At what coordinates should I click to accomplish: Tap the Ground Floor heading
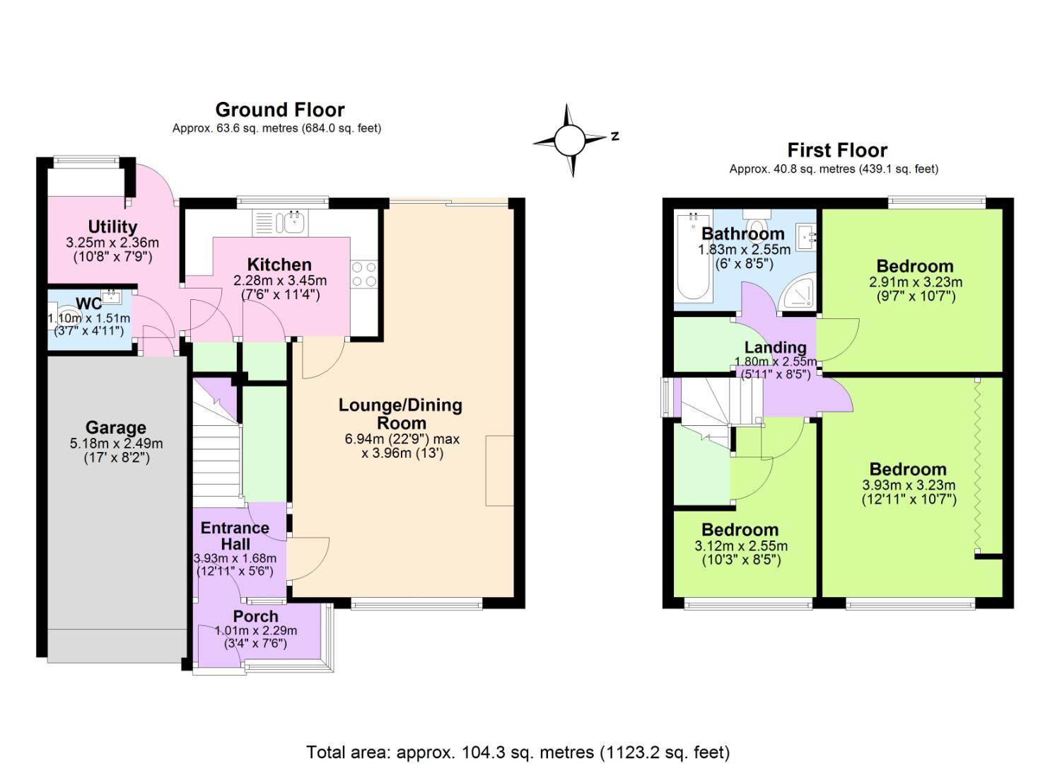(x=279, y=110)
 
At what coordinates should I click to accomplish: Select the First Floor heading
(x=836, y=150)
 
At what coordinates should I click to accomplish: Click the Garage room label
(x=115, y=427)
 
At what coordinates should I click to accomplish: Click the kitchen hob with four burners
(x=363, y=274)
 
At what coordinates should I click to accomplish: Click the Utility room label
(x=112, y=226)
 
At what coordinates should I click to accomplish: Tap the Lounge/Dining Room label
(x=400, y=414)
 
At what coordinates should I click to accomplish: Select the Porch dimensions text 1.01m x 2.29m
(x=256, y=631)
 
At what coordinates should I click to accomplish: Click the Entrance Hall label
(x=235, y=536)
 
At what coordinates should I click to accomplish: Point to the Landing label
(x=775, y=347)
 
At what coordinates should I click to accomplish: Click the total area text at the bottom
(x=518, y=751)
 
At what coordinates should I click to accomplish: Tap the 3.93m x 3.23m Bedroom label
(x=908, y=469)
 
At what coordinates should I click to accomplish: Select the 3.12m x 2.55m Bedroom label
(x=740, y=530)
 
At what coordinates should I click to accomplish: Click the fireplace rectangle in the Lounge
(x=499, y=470)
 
